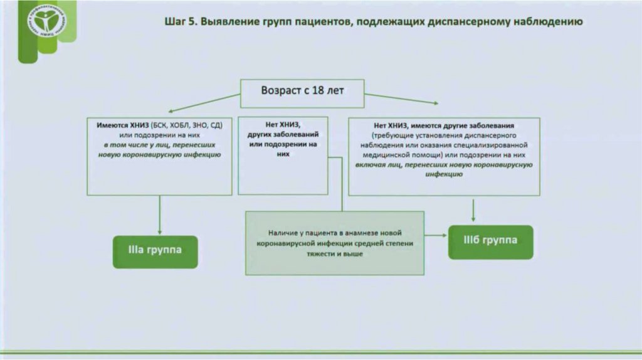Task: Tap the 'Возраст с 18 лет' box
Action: pos(302,90)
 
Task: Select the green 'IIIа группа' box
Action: pos(155,251)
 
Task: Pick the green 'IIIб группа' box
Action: pos(490,241)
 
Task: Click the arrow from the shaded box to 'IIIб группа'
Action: pos(436,235)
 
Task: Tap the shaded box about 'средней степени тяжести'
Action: pos(334,243)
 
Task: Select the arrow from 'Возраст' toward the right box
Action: pos(401,98)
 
